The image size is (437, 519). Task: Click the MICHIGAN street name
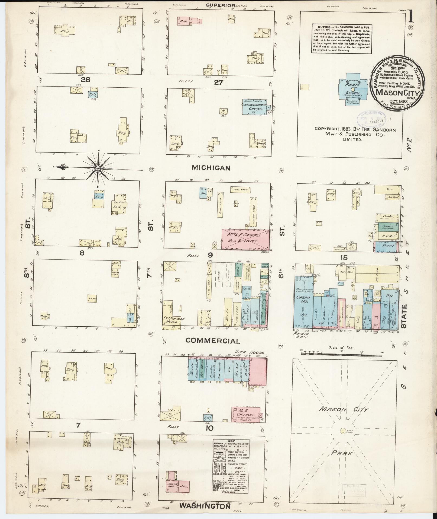click(211, 168)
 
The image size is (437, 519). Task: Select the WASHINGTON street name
click(205, 506)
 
